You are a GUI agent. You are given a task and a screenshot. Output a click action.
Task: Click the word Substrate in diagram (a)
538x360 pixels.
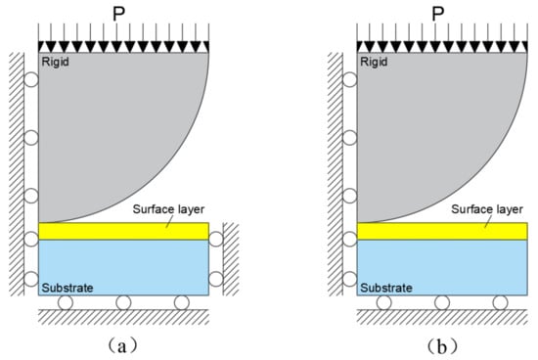point(66,288)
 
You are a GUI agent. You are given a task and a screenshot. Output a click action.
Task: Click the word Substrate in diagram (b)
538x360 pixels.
point(384,288)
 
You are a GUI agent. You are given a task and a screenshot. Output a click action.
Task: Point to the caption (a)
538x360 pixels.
point(121,343)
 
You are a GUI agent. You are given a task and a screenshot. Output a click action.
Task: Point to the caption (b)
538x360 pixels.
point(441,343)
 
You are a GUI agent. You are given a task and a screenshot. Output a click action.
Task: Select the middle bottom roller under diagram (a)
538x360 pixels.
point(123,302)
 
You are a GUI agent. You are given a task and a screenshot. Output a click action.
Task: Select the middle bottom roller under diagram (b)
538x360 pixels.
point(442,302)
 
